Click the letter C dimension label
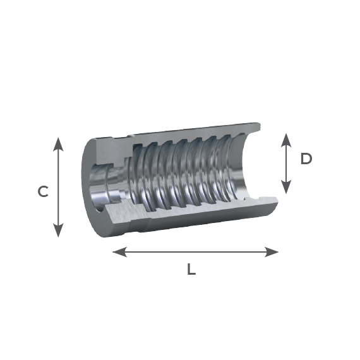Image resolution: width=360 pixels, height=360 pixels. point(43,191)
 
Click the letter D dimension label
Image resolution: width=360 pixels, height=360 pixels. point(306,159)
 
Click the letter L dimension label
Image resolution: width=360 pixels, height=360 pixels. point(191,269)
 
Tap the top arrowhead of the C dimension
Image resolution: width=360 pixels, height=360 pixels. point(58,144)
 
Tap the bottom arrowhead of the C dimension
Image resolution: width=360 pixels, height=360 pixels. point(58,231)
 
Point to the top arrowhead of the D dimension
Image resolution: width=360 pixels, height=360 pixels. point(286,140)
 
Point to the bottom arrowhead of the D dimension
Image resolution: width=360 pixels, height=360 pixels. point(286,187)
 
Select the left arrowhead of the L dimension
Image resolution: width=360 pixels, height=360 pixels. point(119,252)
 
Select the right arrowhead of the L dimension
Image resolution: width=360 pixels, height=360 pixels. point(272,252)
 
